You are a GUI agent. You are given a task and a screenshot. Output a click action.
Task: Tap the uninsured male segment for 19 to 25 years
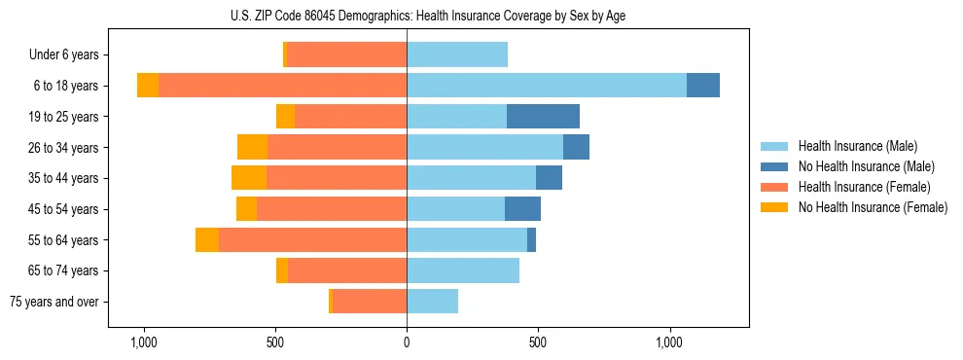click(x=543, y=117)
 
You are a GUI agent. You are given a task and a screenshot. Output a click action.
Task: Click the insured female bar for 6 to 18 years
click(x=282, y=86)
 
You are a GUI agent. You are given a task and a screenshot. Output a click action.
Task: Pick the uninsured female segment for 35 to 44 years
click(x=249, y=178)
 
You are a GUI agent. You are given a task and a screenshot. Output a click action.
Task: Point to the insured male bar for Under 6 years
click(x=457, y=54)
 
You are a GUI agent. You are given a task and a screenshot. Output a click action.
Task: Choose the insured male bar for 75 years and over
click(x=432, y=302)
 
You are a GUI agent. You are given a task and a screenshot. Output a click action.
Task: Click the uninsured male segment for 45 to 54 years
click(x=522, y=209)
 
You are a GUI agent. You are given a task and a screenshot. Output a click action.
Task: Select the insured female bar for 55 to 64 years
click(x=312, y=239)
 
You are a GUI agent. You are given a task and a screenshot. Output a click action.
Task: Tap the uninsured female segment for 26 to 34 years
click(x=252, y=147)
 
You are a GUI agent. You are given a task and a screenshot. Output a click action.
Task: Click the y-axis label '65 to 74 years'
click(x=65, y=270)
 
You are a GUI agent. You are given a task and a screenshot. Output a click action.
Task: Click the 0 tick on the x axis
click(x=407, y=342)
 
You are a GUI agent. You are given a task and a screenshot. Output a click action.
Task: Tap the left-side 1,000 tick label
click(x=144, y=342)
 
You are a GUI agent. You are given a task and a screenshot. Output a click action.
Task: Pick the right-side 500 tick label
click(x=538, y=342)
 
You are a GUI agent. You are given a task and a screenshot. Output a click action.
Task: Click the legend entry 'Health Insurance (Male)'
click(x=857, y=146)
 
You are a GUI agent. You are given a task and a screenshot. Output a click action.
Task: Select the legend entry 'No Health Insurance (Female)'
click(x=873, y=207)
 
